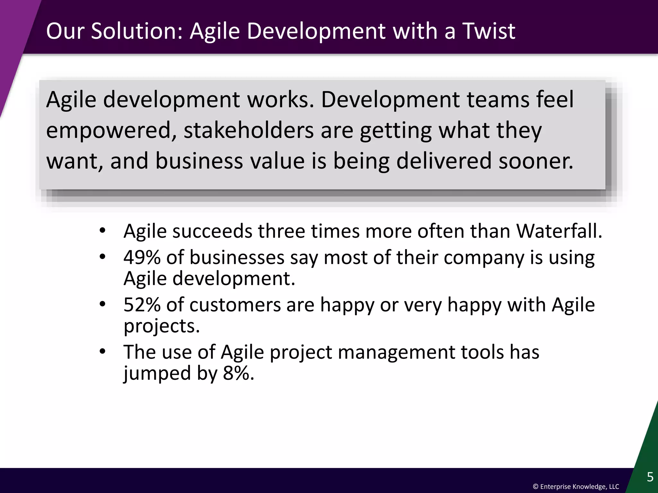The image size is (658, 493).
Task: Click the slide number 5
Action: [x=650, y=477]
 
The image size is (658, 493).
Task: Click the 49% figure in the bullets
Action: [x=142, y=257]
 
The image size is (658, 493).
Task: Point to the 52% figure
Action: [x=142, y=305]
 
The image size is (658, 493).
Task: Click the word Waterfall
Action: [x=559, y=231]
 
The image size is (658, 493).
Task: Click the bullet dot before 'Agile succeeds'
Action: [x=102, y=231]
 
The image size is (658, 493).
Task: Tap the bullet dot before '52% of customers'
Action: [x=102, y=305]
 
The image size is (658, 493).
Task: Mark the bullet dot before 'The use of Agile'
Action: [x=102, y=352]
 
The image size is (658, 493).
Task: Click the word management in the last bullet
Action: [x=396, y=352]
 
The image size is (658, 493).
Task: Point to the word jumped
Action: [x=157, y=373]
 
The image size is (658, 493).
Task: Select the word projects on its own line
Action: [x=162, y=326]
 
